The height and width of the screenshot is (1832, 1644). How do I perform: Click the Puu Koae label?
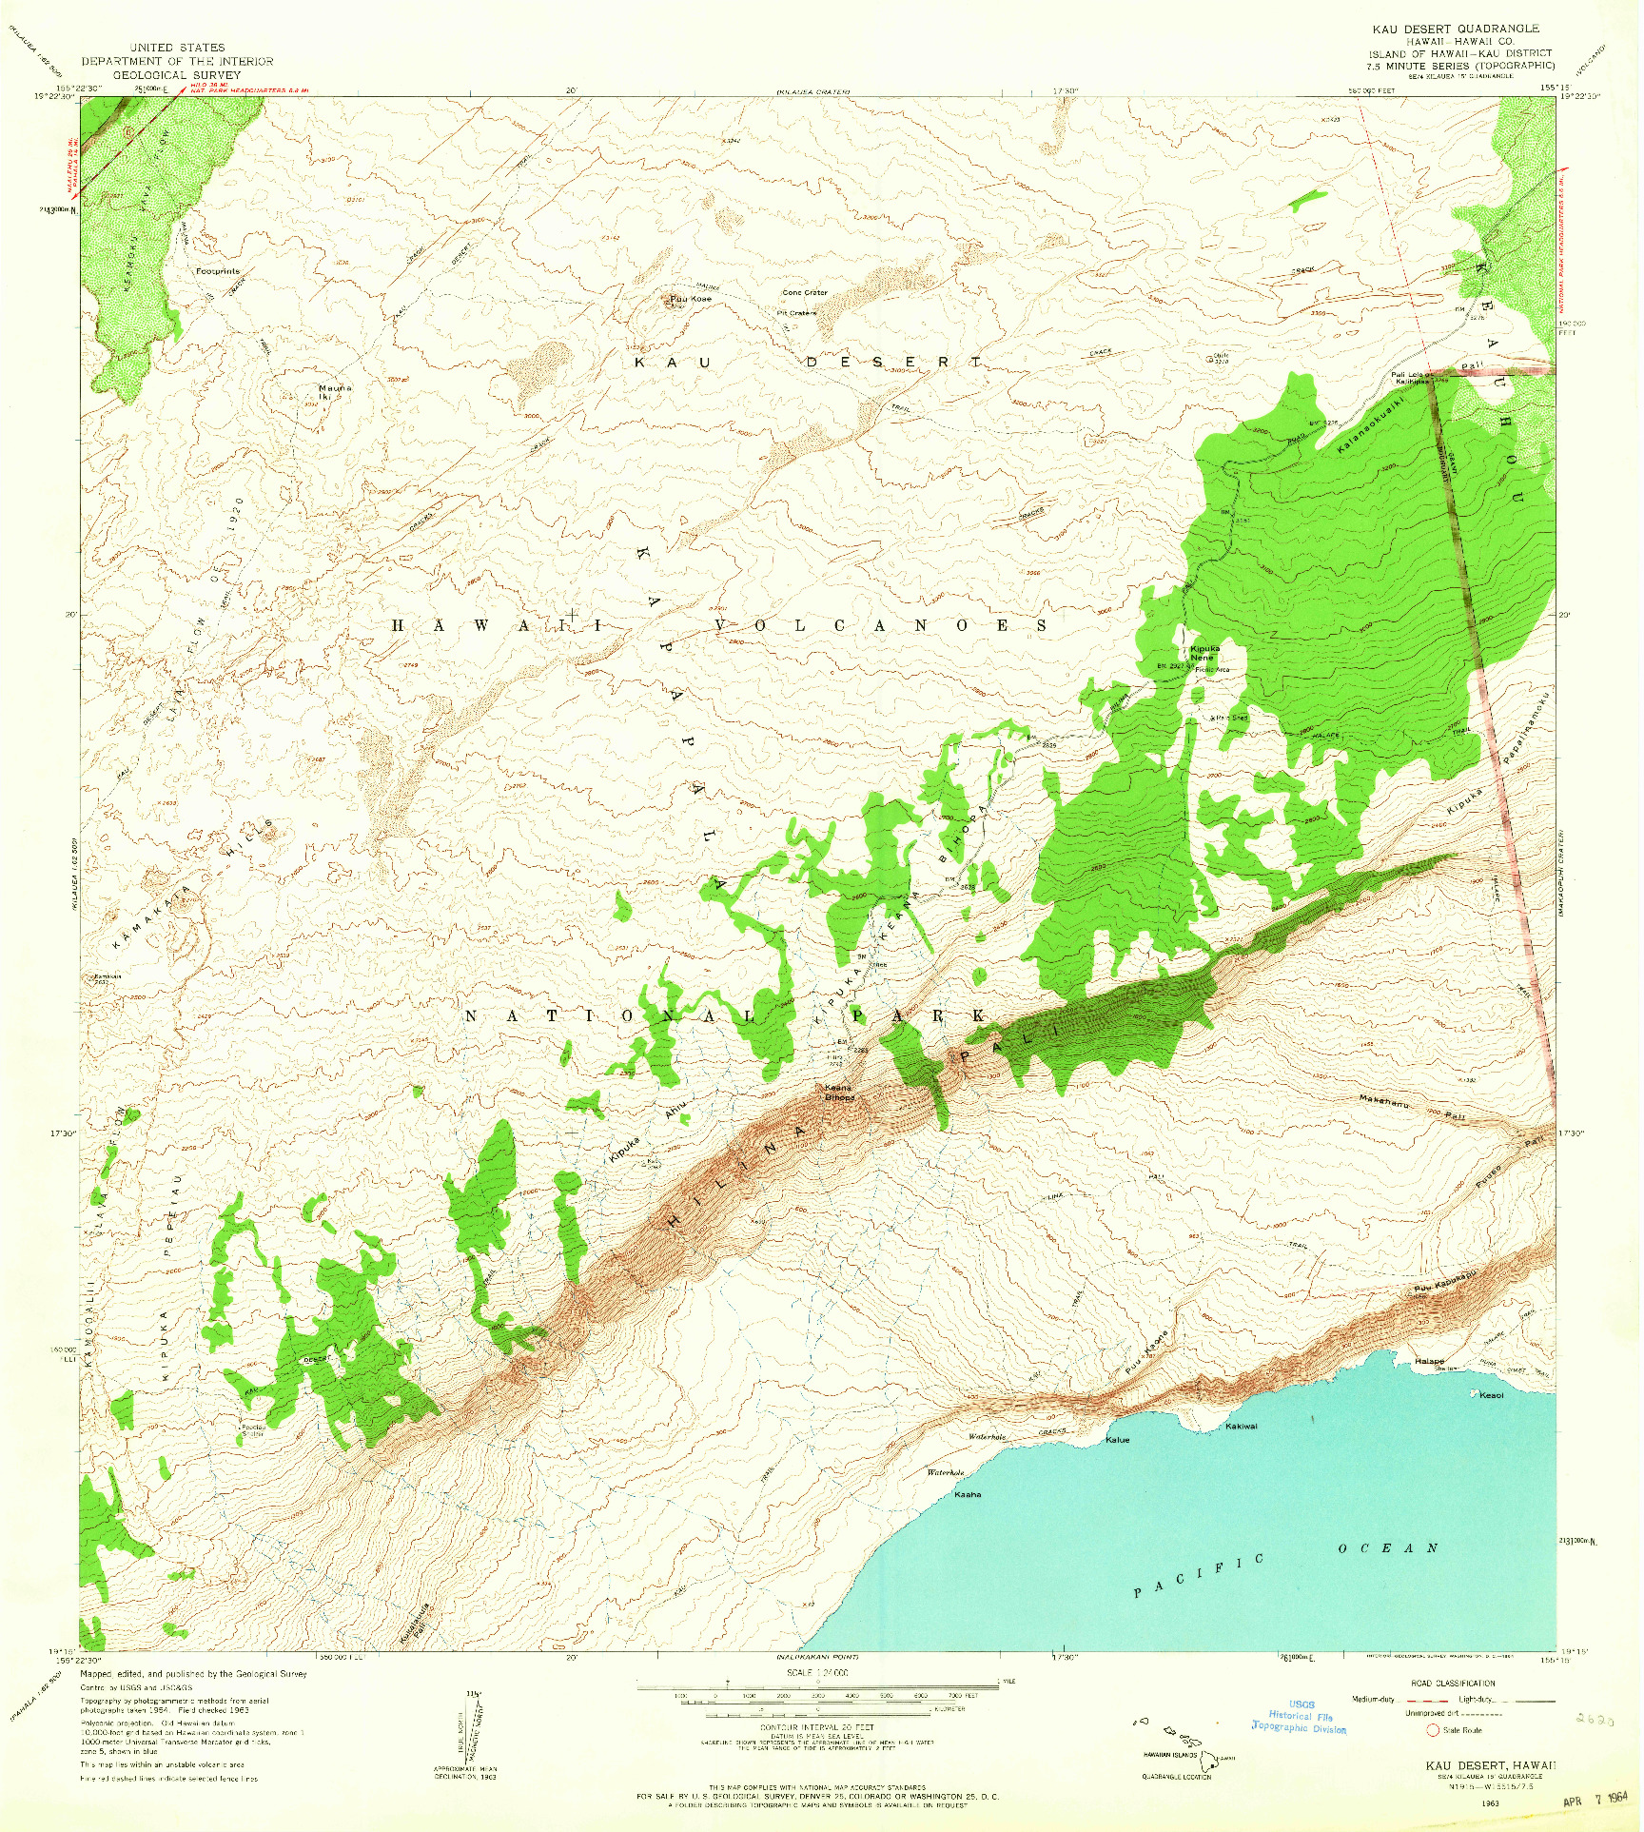[691, 300]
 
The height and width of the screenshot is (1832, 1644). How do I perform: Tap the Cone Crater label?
[805, 293]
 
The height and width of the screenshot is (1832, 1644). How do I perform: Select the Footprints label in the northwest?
[218, 271]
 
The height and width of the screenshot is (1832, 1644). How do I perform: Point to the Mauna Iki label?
[334, 392]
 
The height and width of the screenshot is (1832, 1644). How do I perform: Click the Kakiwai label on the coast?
[1241, 1426]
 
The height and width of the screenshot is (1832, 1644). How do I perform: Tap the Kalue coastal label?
[1117, 1440]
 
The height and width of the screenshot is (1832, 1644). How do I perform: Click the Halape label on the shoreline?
[1429, 1362]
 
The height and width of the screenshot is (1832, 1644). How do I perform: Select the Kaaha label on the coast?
[968, 1494]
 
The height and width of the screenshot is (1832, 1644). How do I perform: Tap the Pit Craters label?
[796, 312]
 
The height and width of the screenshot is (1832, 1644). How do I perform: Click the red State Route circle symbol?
[1432, 1730]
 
